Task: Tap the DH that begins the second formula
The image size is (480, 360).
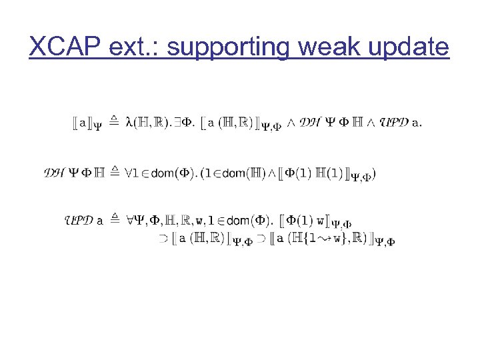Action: click(55, 173)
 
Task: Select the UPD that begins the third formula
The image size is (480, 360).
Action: click(78, 219)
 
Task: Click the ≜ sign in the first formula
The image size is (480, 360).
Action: click(113, 121)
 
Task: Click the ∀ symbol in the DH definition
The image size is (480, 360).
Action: click(129, 173)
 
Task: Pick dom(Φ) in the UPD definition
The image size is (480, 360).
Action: click(248, 220)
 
